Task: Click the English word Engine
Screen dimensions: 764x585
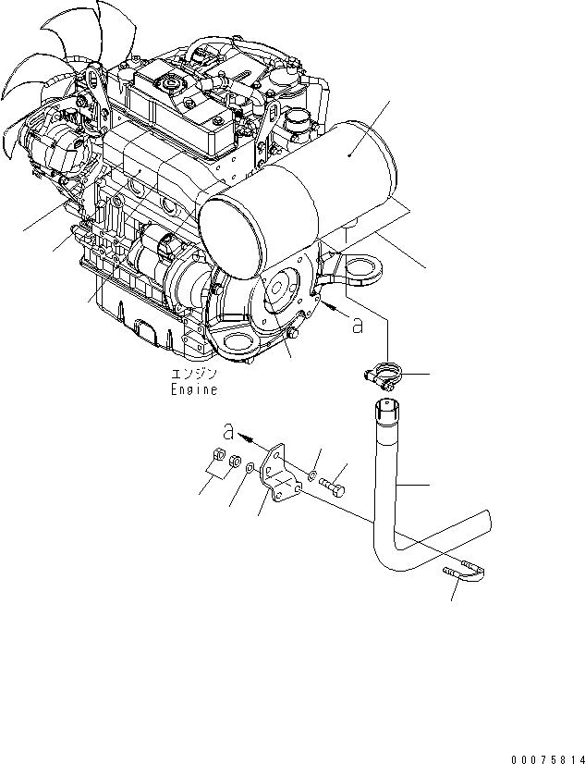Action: [x=194, y=389]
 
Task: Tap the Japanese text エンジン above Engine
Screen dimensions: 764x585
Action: [x=193, y=375]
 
